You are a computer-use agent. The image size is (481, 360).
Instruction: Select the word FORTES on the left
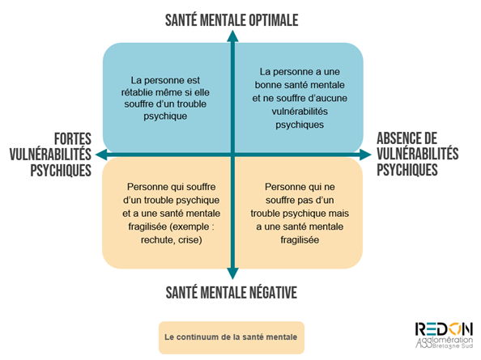tap(73, 139)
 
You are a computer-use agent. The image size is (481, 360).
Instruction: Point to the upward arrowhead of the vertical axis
tap(232, 36)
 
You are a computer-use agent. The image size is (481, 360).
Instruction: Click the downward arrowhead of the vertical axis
tap(232, 273)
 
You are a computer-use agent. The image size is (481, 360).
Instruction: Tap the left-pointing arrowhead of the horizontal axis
tap(101, 155)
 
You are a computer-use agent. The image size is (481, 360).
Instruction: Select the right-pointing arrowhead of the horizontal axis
tap(365, 155)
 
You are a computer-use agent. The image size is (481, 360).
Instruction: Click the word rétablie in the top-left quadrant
tap(137, 92)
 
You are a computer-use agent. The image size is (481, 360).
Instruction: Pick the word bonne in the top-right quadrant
tap(268, 85)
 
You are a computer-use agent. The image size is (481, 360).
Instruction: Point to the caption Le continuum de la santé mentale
tap(231, 337)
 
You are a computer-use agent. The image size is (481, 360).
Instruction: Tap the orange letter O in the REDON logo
tap(455, 329)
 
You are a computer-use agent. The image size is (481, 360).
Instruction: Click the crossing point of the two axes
tap(232, 155)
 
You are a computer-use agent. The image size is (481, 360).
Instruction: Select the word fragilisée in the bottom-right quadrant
tap(300, 240)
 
